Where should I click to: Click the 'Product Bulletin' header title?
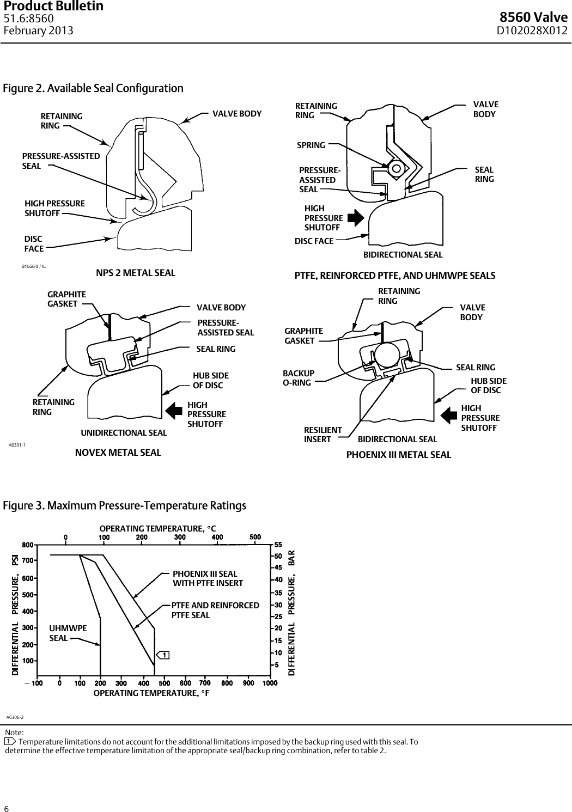coord(53,7)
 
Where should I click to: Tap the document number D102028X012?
coord(532,31)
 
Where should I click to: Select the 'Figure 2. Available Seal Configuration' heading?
coord(93,88)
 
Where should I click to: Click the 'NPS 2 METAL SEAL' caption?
coord(136,273)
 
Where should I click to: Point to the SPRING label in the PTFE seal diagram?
coord(311,145)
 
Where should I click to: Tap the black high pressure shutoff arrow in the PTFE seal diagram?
coord(355,218)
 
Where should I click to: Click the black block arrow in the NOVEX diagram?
coord(174,411)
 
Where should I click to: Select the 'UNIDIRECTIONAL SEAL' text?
coord(124,433)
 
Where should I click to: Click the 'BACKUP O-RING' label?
coord(299,378)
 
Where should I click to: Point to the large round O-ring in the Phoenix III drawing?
coord(388,355)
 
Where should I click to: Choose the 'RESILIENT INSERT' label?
coord(322,435)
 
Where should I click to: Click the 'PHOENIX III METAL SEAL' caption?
coord(399,455)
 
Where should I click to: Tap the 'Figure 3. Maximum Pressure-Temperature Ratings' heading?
coord(125,506)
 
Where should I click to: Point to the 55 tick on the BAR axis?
coord(278,545)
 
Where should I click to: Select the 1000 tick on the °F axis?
coord(270,683)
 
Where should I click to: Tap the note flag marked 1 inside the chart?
coord(162,655)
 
